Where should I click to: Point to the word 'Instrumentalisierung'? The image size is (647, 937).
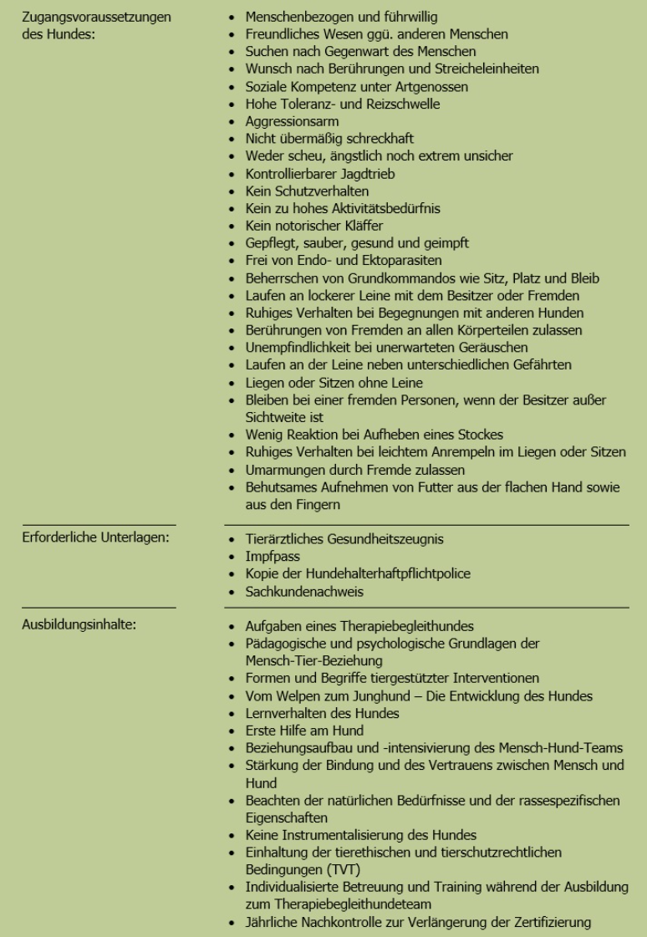click(x=340, y=835)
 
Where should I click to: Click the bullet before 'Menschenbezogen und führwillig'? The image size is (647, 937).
click(x=232, y=18)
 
